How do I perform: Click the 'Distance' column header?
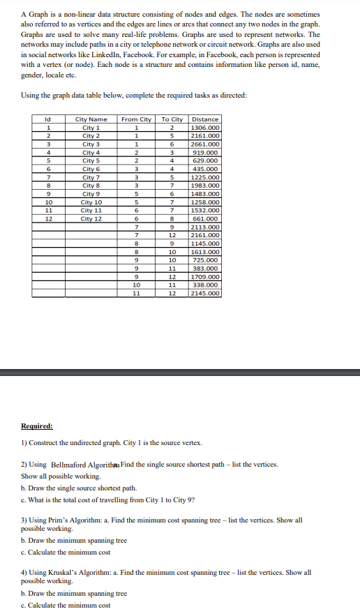click(x=205, y=119)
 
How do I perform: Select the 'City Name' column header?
click(x=91, y=119)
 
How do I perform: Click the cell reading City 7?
click(x=91, y=178)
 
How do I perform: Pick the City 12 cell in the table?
click(x=91, y=219)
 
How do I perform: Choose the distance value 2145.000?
click(x=205, y=293)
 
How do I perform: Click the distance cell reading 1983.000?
click(x=205, y=186)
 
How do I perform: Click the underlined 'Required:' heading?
click(x=37, y=426)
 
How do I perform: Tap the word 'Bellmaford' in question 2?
click(x=70, y=464)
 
